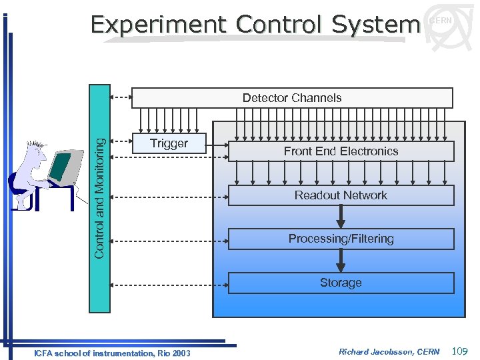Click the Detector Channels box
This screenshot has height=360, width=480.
[x=292, y=98]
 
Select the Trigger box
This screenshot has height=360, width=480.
[x=169, y=143]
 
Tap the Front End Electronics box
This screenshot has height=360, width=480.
[x=341, y=151]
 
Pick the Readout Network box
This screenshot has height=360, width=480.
[x=341, y=195]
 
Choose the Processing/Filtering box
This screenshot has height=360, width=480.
[x=341, y=239]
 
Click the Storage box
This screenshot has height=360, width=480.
[x=341, y=283]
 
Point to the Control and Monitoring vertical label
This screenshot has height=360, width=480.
[x=99, y=199]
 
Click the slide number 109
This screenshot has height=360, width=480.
[x=460, y=351]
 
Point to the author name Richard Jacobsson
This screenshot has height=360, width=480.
[x=370, y=352]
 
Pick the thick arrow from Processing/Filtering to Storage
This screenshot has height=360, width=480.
[x=341, y=261]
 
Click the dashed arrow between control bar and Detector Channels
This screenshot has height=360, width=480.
[x=121, y=97]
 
